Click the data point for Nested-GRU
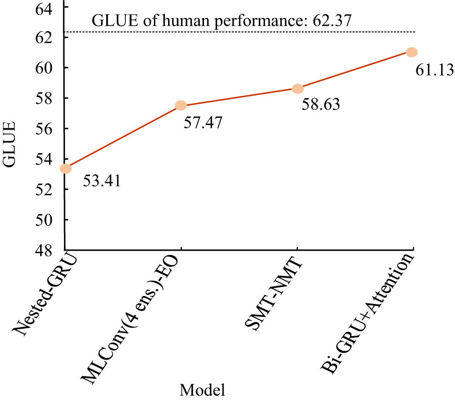(x=66, y=169)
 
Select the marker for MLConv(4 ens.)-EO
(x=181, y=106)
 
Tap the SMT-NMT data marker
(x=298, y=89)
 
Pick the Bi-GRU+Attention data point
(x=412, y=52)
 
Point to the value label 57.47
(x=202, y=123)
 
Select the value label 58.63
(x=320, y=104)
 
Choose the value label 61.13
(x=434, y=69)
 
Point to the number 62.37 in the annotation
(x=331, y=21)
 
